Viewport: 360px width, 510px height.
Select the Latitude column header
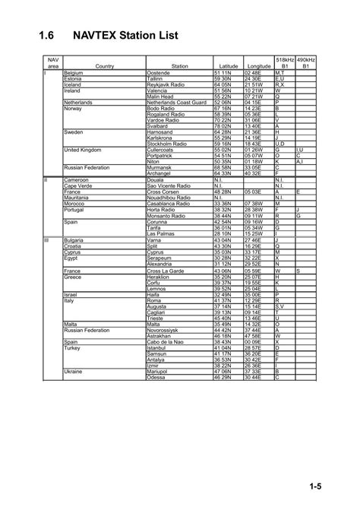click(x=228, y=66)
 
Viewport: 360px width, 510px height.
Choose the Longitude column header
click(x=258, y=66)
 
